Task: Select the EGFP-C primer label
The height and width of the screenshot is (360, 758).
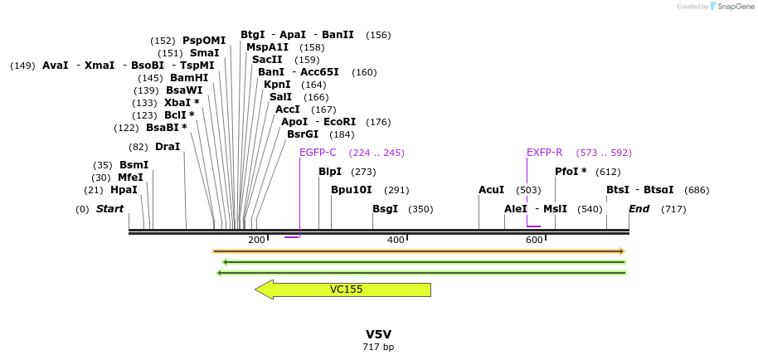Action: (318, 153)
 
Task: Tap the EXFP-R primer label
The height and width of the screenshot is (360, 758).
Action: (545, 153)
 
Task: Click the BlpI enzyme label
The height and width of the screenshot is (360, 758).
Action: (330, 172)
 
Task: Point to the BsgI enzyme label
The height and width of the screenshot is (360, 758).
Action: (385, 209)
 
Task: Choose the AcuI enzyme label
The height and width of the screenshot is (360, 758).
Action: (491, 190)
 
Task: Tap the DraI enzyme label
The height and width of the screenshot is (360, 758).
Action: (168, 147)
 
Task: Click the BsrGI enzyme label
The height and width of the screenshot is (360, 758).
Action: (303, 134)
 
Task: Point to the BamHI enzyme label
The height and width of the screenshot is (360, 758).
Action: (189, 78)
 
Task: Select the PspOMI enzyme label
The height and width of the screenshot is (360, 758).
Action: (204, 41)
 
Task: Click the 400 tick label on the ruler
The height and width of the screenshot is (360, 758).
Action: (396, 241)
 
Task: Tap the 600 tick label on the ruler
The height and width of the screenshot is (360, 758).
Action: (534, 241)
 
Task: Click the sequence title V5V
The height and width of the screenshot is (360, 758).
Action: (378, 334)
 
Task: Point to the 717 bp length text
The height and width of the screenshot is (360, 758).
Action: (378, 347)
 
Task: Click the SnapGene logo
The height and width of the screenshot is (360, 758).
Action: (730, 7)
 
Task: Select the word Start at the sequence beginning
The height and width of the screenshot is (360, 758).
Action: (109, 209)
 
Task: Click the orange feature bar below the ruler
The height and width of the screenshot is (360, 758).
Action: (418, 251)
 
